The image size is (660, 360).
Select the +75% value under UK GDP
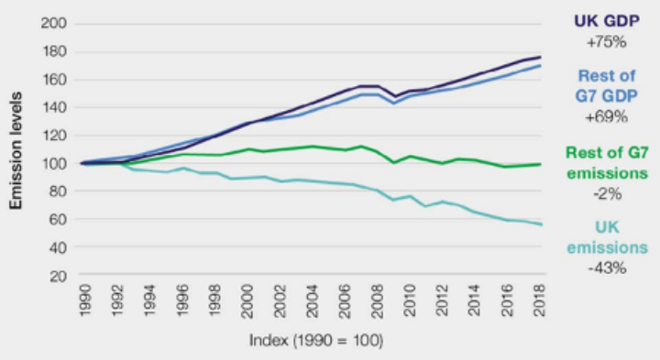(x=606, y=42)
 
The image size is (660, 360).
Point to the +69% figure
(x=606, y=117)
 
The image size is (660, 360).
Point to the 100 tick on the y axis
(x=55, y=163)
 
